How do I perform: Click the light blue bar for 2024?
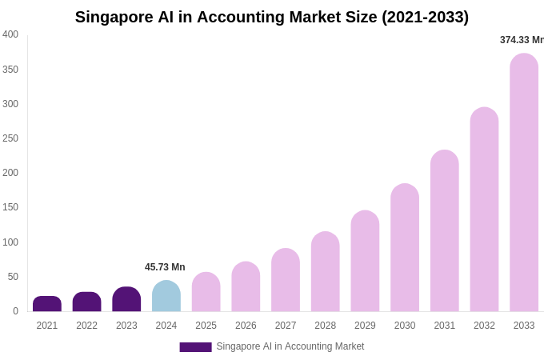(x=166, y=297)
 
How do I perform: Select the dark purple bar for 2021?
(x=47, y=304)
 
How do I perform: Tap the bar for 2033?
(x=524, y=183)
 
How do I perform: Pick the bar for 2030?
(x=405, y=248)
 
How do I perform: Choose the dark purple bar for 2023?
(x=126, y=299)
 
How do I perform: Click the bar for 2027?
(x=286, y=280)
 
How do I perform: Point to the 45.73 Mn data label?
(x=165, y=267)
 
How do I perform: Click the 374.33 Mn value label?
(x=522, y=40)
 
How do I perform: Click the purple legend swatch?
(x=195, y=347)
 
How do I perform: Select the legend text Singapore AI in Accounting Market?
(x=290, y=346)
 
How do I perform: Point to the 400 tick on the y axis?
(x=10, y=34)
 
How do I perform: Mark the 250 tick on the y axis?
(x=10, y=138)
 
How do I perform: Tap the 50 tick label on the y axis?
(x=13, y=277)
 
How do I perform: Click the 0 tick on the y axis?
(x=15, y=311)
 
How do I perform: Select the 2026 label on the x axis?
(x=246, y=326)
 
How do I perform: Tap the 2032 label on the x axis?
(x=484, y=326)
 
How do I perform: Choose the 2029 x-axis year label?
(x=365, y=326)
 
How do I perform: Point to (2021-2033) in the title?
(x=425, y=17)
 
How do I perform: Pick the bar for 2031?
(x=445, y=231)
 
